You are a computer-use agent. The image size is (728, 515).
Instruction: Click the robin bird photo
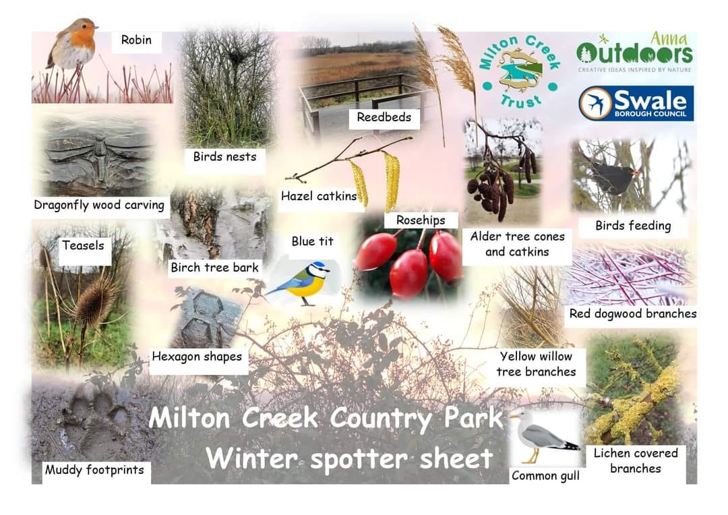click(73, 44)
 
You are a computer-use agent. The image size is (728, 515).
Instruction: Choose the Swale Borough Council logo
click(636, 103)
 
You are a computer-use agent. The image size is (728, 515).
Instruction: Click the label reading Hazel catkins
click(318, 196)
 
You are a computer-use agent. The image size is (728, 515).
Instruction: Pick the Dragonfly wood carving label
click(99, 205)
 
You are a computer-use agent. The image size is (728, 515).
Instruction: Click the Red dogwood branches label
click(632, 313)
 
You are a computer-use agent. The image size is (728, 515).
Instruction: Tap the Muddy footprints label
click(94, 470)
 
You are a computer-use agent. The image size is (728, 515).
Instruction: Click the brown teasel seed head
click(94, 303)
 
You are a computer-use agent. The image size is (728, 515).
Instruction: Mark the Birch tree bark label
click(214, 268)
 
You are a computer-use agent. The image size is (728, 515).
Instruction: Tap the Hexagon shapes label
click(196, 356)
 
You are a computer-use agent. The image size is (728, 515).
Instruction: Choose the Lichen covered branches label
click(635, 460)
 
